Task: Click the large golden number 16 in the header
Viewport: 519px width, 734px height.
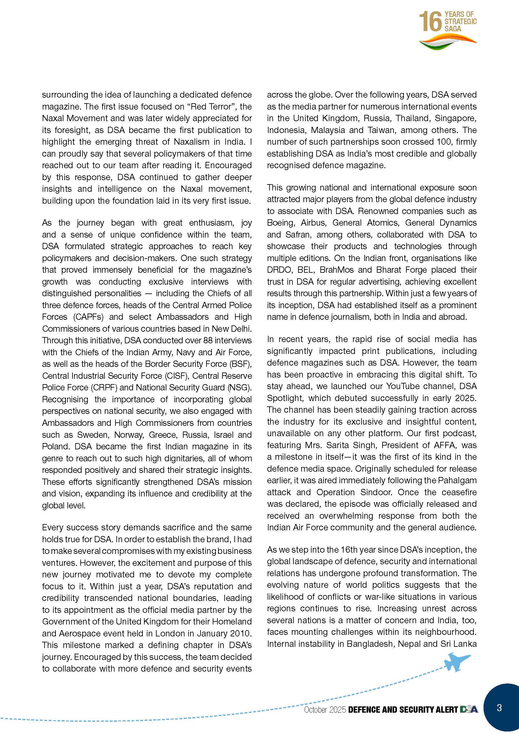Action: coord(430,22)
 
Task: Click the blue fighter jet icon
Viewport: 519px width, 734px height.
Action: coord(457,662)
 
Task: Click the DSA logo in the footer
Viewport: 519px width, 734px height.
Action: coord(469,710)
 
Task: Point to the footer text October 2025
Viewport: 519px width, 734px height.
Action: coord(325,710)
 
